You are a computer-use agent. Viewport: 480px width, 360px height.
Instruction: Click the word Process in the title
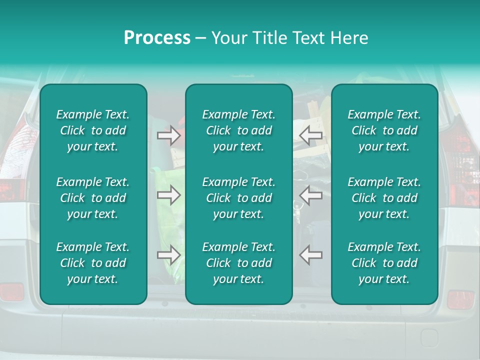(157, 38)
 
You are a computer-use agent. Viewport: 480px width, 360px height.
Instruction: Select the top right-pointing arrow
(169, 135)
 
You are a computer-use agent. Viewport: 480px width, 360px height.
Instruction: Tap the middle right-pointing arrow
(169, 195)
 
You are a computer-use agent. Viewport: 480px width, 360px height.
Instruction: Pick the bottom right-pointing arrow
(169, 255)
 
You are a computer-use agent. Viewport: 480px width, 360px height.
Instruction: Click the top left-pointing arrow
(311, 135)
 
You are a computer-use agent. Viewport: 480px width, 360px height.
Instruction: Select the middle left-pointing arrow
(311, 195)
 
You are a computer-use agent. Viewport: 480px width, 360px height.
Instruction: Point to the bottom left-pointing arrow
(311, 255)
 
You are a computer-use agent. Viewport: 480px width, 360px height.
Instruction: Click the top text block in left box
(93, 130)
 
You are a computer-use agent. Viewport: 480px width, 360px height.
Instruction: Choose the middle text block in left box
(93, 198)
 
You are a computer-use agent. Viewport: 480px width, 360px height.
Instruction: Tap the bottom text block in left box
(93, 263)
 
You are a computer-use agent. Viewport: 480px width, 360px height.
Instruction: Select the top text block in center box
(239, 130)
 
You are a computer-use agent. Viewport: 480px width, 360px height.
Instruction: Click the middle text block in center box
(239, 198)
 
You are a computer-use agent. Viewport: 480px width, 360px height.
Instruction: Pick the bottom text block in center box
(239, 263)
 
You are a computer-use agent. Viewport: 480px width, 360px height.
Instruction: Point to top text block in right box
(384, 130)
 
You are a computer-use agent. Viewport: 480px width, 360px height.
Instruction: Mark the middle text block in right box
(384, 198)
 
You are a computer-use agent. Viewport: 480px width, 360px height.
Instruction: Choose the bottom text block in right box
(384, 263)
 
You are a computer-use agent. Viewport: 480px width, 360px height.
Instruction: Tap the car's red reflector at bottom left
(11, 291)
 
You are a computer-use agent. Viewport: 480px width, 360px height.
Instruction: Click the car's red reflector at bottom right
(460, 299)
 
